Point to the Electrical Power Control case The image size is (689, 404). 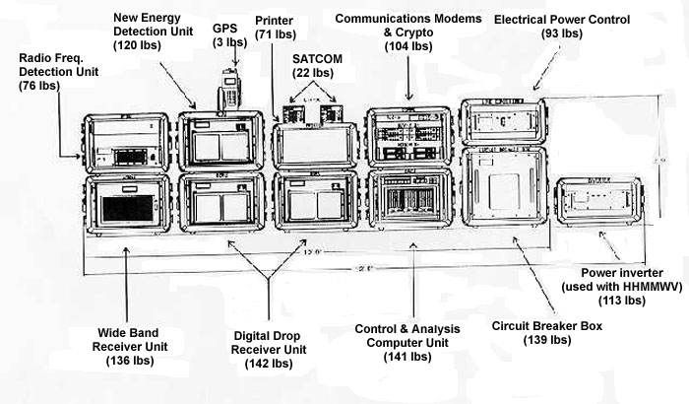point(504,123)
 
